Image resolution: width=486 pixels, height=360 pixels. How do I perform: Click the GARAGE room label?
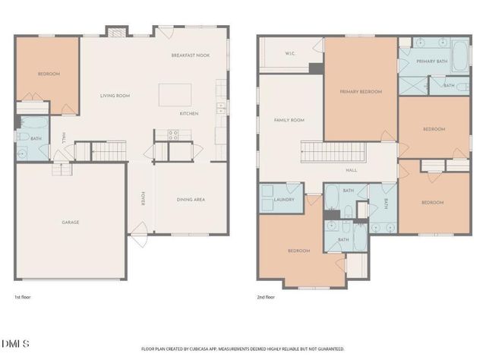pyautogui.click(x=71, y=223)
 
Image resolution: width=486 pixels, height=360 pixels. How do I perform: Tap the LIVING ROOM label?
pyautogui.click(x=115, y=96)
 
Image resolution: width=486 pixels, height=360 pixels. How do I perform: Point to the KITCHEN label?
pyautogui.click(x=189, y=114)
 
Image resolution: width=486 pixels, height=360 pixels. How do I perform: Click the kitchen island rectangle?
pyautogui.click(x=174, y=94)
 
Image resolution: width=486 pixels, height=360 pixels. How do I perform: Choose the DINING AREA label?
pyautogui.click(x=191, y=200)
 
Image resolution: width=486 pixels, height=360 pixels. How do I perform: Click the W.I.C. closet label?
pyautogui.click(x=289, y=53)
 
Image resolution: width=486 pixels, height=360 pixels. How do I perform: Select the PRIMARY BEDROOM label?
pyautogui.click(x=360, y=91)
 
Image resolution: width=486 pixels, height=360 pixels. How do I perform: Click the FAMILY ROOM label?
pyautogui.click(x=289, y=120)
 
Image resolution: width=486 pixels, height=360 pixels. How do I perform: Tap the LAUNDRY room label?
pyautogui.click(x=284, y=200)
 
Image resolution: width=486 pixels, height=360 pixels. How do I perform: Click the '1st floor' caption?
pyautogui.click(x=23, y=297)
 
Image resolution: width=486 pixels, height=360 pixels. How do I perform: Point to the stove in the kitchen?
pyautogui.click(x=172, y=135)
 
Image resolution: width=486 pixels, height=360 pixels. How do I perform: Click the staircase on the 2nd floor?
pyautogui.click(x=334, y=151)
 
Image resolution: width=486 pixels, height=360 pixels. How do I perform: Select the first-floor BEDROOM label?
pyautogui.click(x=49, y=74)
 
